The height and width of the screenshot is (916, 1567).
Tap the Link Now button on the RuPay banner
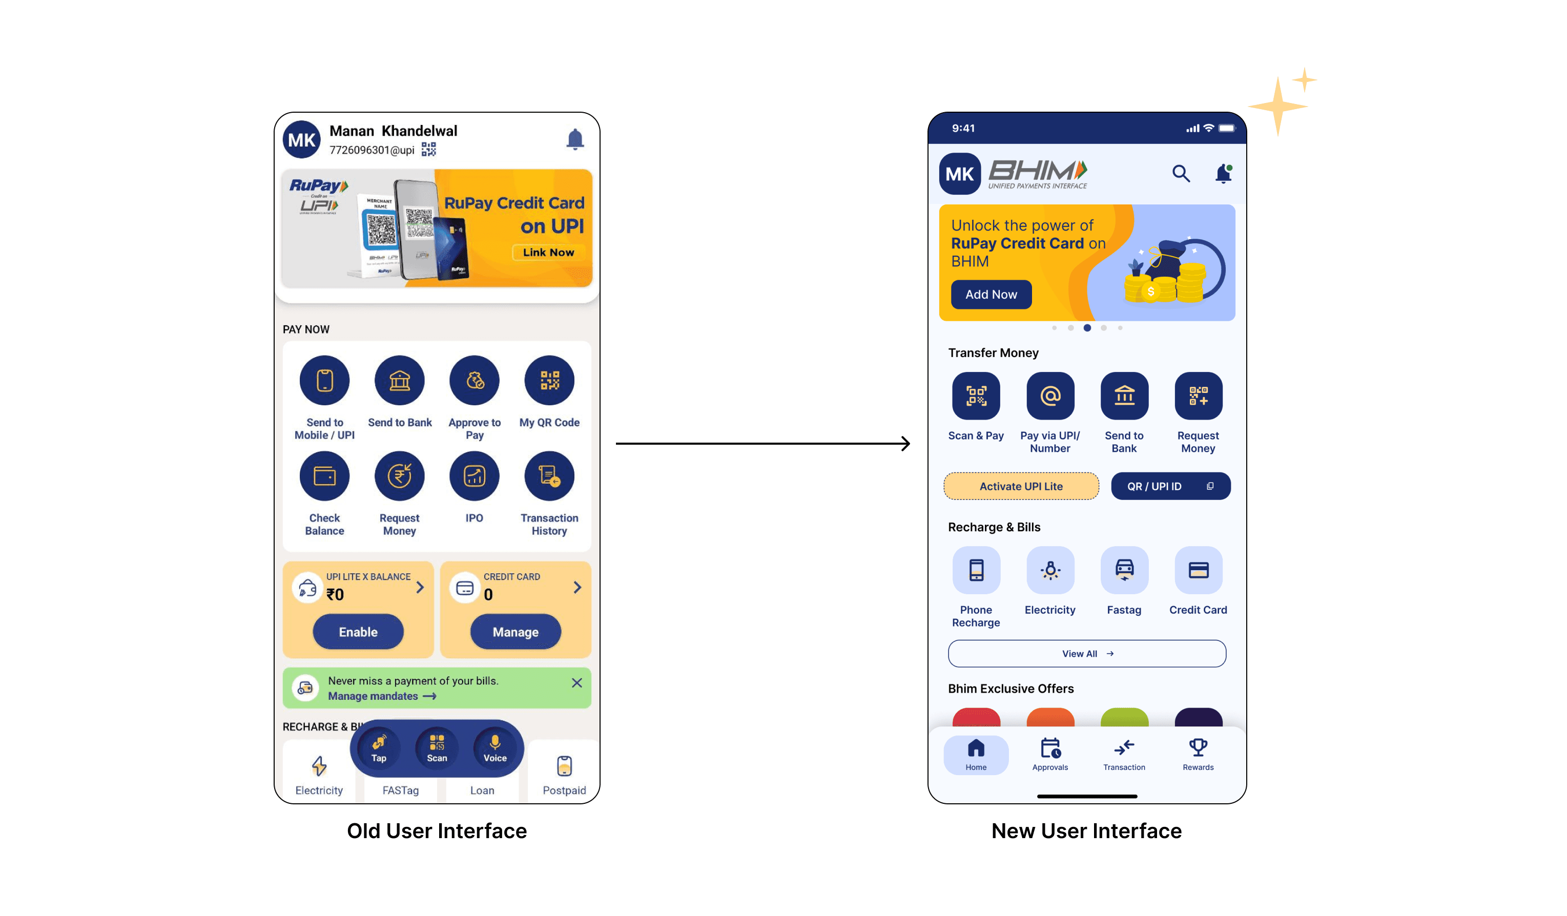coord(548,253)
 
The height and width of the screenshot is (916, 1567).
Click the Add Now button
coord(991,294)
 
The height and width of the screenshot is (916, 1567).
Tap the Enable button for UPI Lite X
coord(358,632)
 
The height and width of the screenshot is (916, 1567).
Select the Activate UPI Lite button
coord(1021,486)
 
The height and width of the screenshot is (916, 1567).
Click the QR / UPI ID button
coord(1170,486)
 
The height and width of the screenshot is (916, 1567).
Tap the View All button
coord(1087,654)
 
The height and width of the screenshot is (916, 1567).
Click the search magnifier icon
coord(1181,174)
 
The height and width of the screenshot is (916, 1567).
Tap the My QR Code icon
coord(549,381)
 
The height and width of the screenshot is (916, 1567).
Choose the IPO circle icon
coord(475,476)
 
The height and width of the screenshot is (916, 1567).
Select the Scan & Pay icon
coord(976,396)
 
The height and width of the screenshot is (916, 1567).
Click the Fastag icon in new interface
coord(1124,570)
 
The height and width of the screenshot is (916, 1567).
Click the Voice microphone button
coord(495,747)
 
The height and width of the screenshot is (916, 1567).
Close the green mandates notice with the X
coord(577,683)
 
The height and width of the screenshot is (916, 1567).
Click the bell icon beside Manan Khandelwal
coord(575,139)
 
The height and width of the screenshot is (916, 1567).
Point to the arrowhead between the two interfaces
coord(906,443)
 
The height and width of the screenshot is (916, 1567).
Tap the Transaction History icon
coord(549,476)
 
